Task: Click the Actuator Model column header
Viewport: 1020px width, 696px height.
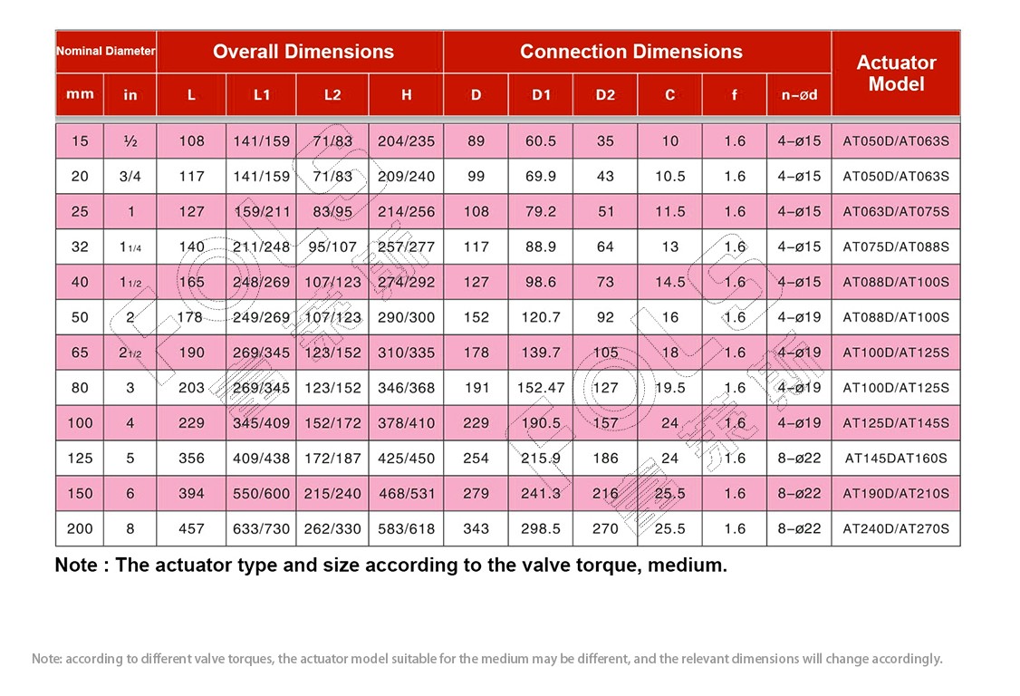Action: coord(896,72)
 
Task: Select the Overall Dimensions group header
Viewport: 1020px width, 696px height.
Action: coord(303,52)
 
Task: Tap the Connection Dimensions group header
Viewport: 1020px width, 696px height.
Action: coord(631,52)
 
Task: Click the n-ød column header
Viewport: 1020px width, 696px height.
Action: coord(799,95)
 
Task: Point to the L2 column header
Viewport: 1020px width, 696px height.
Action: coord(332,95)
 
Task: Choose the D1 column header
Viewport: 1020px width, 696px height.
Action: coord(541,95)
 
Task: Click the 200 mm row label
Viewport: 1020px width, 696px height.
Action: coord(80,528)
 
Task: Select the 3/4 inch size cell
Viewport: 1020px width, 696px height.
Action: coord(130,177)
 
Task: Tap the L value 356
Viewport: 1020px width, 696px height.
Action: coord(191,459)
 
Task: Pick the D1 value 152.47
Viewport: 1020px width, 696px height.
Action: coord(541,388)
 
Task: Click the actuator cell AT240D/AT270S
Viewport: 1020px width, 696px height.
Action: coord(896,528)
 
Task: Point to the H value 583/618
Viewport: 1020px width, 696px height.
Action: coord(406,528)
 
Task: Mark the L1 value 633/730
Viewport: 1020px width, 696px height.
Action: coord(261,528)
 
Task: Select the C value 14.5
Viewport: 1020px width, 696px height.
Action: coord(670,282)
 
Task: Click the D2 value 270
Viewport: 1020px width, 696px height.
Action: coord(605,528)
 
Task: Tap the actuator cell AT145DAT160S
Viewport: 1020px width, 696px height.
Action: coord(896,459)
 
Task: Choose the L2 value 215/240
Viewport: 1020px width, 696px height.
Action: coord(332,494)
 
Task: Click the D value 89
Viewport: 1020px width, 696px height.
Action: coord(476,141)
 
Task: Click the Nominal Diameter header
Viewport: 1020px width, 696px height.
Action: coord(105,51)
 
